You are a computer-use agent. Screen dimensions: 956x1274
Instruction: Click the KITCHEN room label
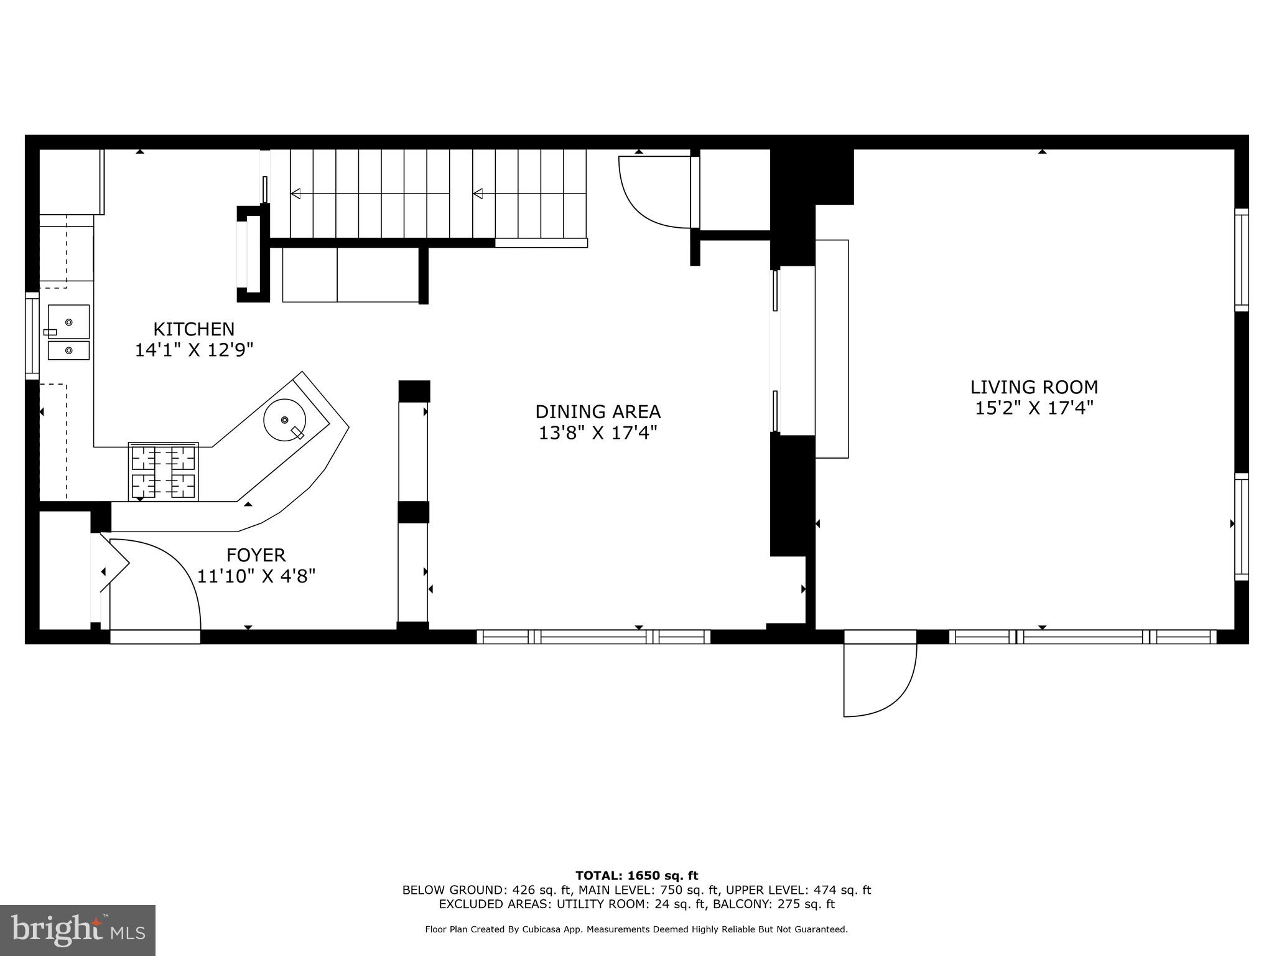pos(194,329)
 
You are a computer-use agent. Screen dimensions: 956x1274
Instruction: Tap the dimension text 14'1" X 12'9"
pos(194,350)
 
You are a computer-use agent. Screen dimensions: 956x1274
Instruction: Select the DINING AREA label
pos(598,412)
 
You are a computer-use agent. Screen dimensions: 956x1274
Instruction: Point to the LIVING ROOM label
pos(1034,387)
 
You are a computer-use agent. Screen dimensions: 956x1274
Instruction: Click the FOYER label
pos(256,555)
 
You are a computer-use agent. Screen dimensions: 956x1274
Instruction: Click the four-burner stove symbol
pos(164,472)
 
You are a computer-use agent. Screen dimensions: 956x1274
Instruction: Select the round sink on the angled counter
pos(285,420)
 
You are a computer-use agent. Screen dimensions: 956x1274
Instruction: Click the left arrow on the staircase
pos(296,194)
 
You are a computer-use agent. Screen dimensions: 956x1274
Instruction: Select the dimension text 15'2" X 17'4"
pos(1034,409)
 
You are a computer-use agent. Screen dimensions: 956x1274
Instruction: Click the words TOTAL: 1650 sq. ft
pos(636,876)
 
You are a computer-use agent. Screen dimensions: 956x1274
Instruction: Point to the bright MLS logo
pos(77,930)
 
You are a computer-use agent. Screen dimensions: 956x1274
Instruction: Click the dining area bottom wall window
pos(593,636)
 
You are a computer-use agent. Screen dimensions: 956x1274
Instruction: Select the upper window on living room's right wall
pos(1241,260)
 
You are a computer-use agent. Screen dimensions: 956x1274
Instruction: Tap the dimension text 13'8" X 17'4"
pos(598,433)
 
